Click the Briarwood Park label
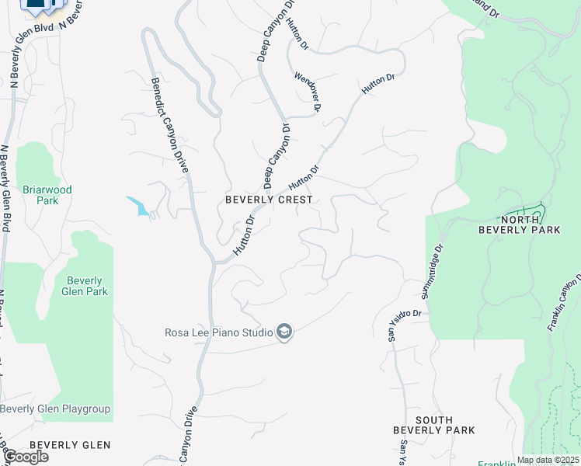(47, 195)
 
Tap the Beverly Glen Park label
(86, 286)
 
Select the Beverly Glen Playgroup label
(55, 409)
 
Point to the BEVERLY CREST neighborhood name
(269, 200)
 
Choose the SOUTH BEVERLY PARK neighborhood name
(433, 425)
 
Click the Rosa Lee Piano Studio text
(218, 333)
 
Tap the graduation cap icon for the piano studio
(284, 333)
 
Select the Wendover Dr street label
(307, 92)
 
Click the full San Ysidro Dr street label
(405, 325)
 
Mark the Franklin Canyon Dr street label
(565, 303)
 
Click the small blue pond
(139, 206)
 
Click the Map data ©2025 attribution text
(547, 460)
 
